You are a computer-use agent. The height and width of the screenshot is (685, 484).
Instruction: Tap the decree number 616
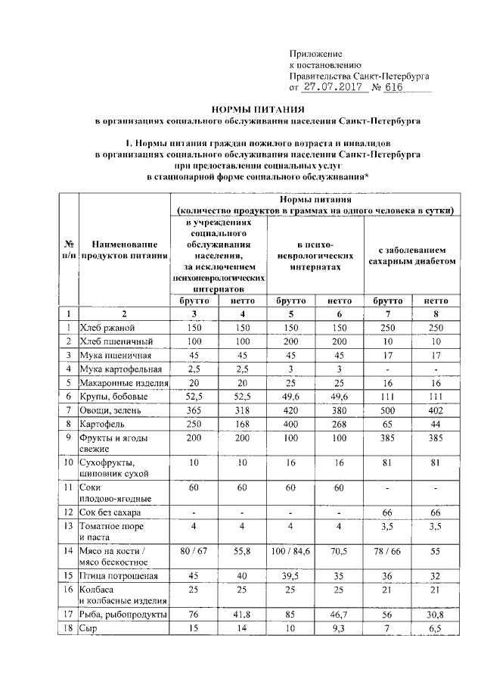coord(394,87)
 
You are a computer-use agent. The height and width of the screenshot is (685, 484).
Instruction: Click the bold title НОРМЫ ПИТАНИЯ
coord(241,110)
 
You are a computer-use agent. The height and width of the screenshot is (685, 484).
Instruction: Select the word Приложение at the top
coord(316,54)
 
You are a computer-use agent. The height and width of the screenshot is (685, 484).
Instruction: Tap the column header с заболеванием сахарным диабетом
coord(411,254)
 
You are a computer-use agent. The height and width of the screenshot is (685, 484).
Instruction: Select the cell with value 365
coord(195,410)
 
